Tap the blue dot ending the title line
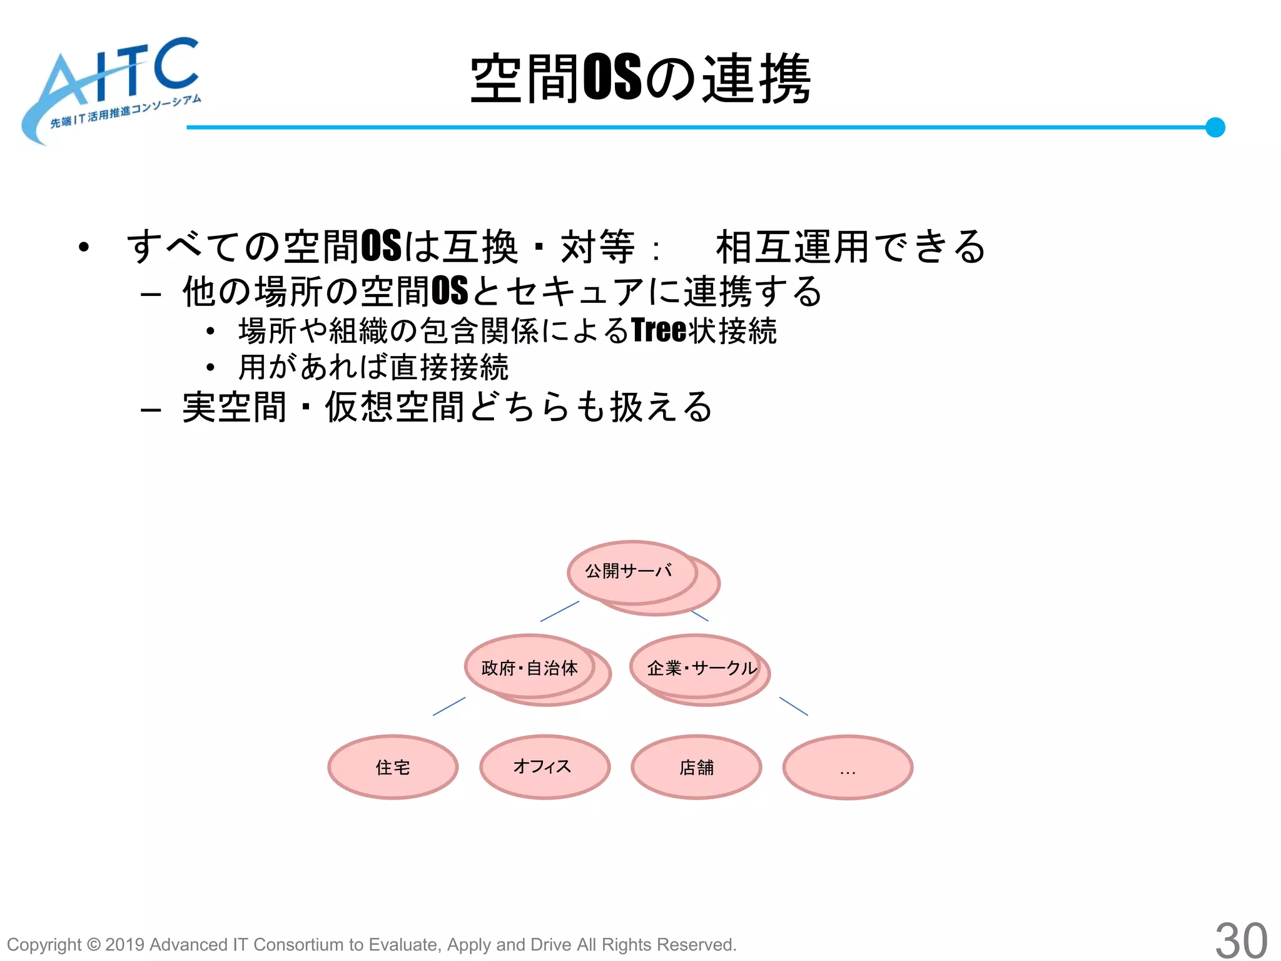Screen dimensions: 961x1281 [x=1215, y=127]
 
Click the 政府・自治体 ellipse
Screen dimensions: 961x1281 [x=529, y=668]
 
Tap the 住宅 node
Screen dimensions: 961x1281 [x=393, y=767]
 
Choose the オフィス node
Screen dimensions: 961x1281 [x=544, y=767]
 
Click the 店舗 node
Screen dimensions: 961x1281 [x=696, y=767]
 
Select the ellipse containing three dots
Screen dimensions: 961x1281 [x=848, y=767]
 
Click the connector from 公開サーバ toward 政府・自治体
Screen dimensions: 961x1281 [x=559, y=611]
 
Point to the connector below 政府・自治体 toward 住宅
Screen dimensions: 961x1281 [x=449, y=706]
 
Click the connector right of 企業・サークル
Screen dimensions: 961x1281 [x=793, y=706]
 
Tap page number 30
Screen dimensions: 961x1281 [x=1241, y=940]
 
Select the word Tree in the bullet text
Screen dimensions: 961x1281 [x=659, y=330]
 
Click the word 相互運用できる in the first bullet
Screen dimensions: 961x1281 [x=851, y=247]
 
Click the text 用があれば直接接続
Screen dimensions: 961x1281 [x=373, y=367]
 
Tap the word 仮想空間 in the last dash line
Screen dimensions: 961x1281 [x=394, y=407]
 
